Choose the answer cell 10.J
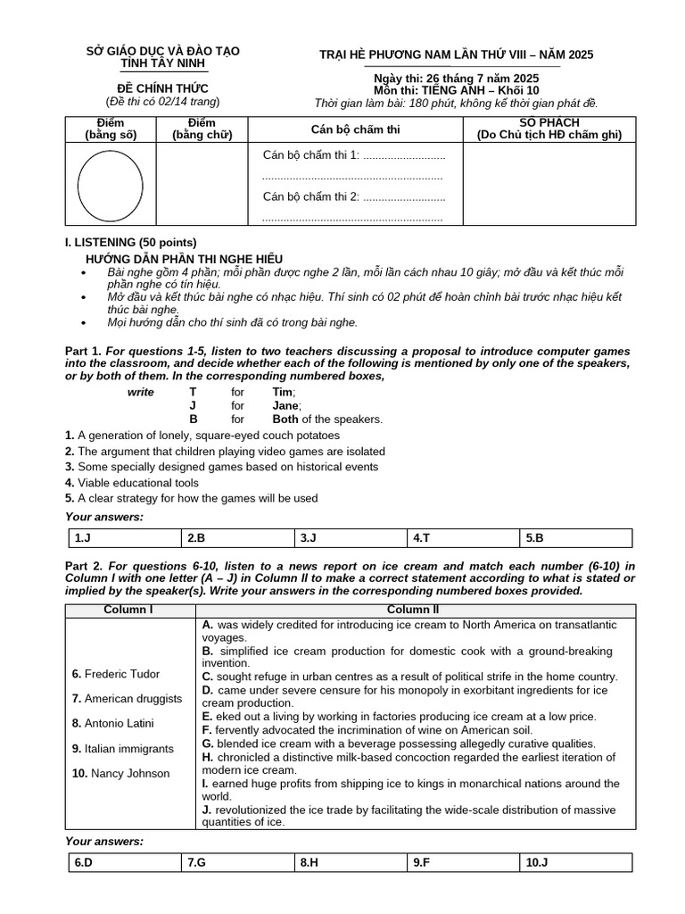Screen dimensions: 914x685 point(576,862)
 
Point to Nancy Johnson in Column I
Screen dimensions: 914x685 point(120,773)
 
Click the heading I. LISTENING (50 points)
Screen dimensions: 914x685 point(131,242)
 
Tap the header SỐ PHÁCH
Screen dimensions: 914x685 point(549,122)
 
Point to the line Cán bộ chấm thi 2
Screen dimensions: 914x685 point(353,197)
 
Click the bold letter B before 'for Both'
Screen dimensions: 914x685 point(193,419)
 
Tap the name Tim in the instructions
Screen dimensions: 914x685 point(283,392)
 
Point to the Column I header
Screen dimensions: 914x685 point(129,610)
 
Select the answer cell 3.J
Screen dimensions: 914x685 point(350,538)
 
